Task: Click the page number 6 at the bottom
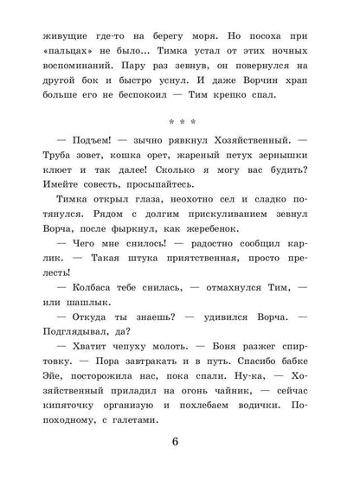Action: point(180,445)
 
